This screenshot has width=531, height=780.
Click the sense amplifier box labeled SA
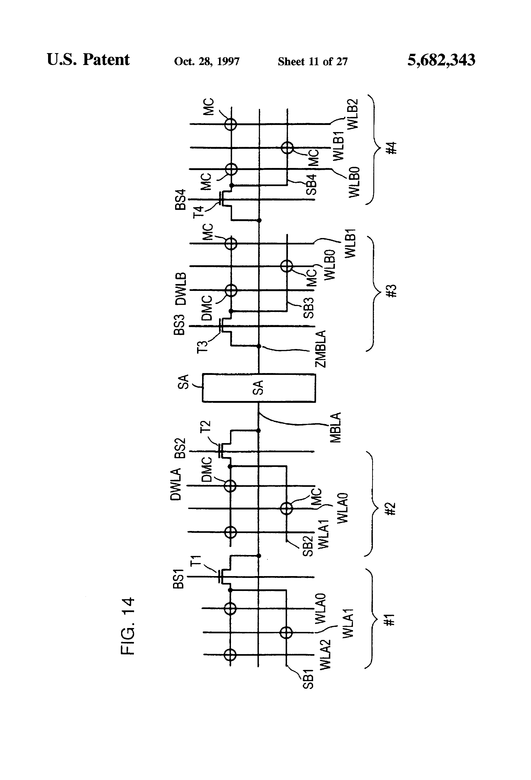pos(258,388)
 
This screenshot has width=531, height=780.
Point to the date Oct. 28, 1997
pos(207,61)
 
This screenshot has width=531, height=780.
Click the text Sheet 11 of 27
pos(312,61)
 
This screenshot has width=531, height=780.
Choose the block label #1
pos(389,620)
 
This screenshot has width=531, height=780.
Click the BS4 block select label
pos(180,200)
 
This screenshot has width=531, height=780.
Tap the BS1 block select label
pos(178,579)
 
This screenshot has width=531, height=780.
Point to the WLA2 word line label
pos(325,655)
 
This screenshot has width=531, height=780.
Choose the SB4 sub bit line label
pos(312,185)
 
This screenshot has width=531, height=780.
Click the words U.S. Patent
pos(88,60)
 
